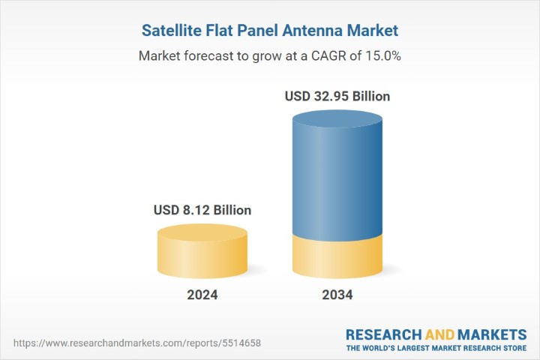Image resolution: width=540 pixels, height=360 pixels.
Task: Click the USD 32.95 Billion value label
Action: pos(337,97)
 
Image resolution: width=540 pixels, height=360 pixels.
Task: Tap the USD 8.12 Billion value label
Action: pos(202,210)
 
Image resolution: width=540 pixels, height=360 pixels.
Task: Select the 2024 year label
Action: pos(202,295)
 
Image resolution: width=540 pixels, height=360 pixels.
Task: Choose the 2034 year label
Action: pos(337,295)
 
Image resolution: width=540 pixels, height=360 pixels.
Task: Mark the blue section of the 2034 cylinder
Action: pos(337,180)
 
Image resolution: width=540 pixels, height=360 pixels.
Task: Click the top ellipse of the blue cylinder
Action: pos(337,121)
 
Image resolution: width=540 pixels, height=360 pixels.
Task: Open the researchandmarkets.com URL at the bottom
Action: pos(137,343)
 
